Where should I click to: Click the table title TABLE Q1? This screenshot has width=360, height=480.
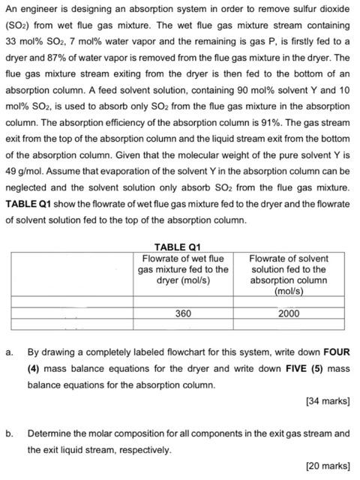[x=177, y=247]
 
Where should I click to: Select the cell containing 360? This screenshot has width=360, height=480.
[x=183, y=313]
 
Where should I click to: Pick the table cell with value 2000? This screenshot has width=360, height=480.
[x=288, y=313]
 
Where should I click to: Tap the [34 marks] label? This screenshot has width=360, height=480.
[x=328, y=401]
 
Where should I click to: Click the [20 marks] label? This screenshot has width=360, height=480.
[x=328, y=466]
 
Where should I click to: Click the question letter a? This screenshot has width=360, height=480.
[x=8, y=352]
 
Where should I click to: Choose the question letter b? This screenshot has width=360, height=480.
[x=8, y=433]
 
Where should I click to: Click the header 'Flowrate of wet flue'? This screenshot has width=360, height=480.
[x=183, y=259]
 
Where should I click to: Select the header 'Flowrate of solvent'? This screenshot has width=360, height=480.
[x=288, y=259]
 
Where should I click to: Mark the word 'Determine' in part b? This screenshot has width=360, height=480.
[x=49, y=433]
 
